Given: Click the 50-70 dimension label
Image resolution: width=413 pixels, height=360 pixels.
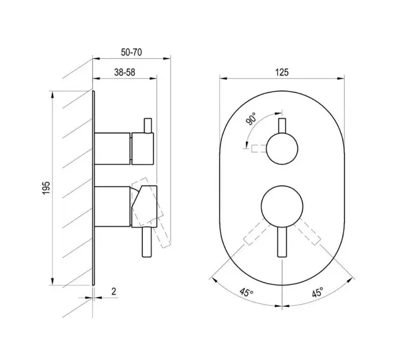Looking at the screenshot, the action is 131,52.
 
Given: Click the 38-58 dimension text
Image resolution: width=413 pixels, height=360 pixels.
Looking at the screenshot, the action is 124,72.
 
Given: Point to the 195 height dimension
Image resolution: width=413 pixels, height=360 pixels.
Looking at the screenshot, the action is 46,188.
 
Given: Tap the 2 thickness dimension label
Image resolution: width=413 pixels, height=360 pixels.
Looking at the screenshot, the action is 114,291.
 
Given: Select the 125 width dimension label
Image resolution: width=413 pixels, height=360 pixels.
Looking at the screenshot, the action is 282,72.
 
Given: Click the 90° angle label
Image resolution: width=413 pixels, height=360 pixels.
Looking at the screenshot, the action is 251,119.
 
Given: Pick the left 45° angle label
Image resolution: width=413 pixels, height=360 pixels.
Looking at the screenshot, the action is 247,292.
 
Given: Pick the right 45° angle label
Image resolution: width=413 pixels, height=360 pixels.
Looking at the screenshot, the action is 317,292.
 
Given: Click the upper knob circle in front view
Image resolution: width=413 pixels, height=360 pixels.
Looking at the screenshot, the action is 282,149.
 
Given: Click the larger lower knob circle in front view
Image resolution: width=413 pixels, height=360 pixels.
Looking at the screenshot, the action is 282,206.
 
